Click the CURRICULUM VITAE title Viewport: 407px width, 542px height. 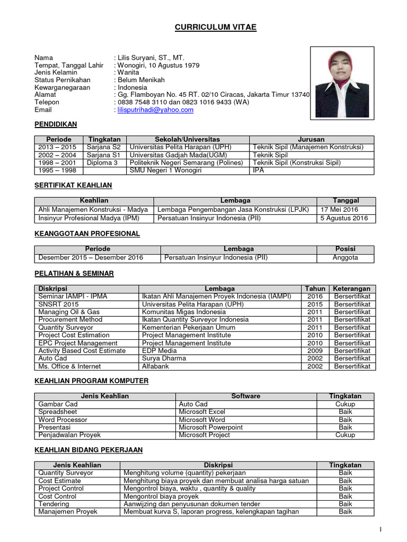point(216,27)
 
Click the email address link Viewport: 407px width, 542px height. point(155,110)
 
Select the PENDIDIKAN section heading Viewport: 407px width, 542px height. point(56,124)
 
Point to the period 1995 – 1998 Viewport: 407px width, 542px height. point(57,170)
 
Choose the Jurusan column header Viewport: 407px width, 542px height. point(312,140)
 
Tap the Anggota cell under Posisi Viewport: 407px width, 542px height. point(345,258)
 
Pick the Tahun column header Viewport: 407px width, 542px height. point(315,289)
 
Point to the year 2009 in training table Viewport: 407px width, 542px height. point(315,351)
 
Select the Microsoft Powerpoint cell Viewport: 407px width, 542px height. point(210,427)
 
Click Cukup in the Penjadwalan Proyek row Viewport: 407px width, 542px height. point(345,435)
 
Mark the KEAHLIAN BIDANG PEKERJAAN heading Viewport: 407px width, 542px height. point(89,450)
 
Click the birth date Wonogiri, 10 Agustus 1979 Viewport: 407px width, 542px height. point(158,65)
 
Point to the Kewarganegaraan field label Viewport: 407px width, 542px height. point(63,87)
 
